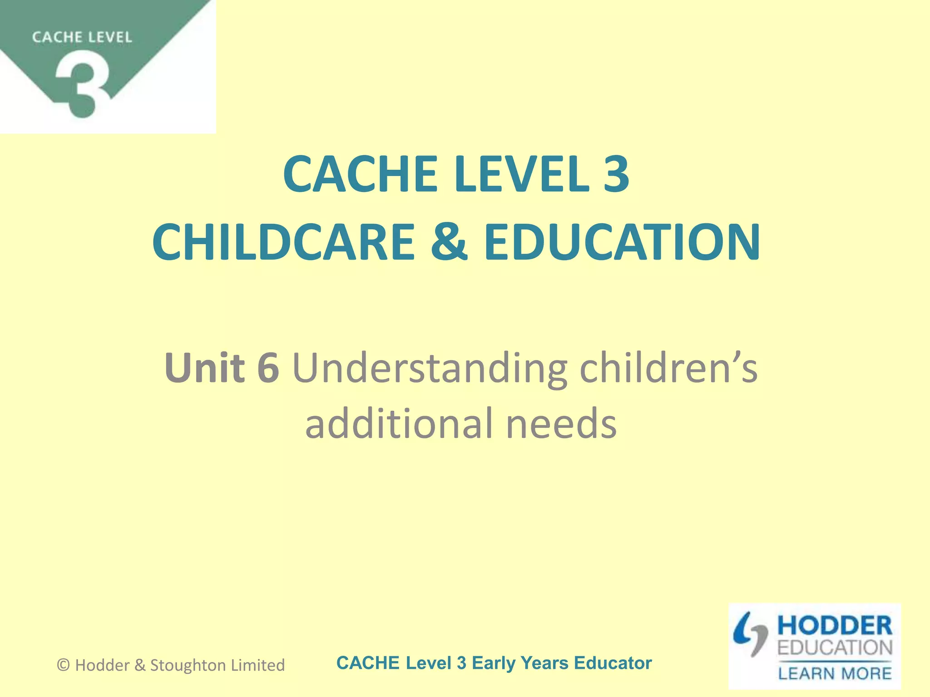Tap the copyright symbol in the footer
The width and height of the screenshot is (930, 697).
click(64, 665)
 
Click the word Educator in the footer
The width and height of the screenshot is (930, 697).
click(613, 663)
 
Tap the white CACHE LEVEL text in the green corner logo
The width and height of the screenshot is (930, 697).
click(82, 37)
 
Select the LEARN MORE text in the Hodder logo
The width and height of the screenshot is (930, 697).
click(835, 673)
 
